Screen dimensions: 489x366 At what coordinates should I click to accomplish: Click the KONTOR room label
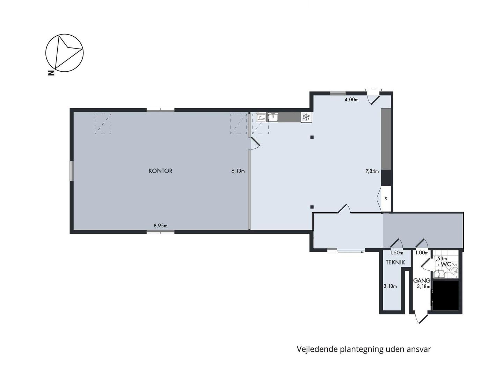[160, 171]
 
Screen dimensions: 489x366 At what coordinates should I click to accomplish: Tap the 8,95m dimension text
[160, 226]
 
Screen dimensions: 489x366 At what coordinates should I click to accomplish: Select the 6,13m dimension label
[238, 171]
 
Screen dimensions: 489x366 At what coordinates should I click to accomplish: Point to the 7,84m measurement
[372, 171]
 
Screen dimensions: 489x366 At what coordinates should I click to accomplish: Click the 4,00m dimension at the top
[351, 100]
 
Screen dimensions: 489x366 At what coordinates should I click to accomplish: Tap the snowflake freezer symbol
[306, 117]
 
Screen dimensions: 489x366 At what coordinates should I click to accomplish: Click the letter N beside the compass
[51, 73]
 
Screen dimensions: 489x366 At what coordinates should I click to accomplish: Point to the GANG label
[422, 280]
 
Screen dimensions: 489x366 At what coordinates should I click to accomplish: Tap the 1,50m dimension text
[396, 253]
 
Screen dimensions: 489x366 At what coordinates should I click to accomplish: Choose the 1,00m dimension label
[422, 253]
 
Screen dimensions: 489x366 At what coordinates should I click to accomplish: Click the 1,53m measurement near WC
[440, 259]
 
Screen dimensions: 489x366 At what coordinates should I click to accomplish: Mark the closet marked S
[386, 198]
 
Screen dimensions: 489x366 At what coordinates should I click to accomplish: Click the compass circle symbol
[64, 53]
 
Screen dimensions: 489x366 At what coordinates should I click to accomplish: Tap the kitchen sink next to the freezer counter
[273, 117]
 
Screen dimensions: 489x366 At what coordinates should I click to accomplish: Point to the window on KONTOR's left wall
[71, 171]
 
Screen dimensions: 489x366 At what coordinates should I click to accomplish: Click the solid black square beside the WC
[445, 295]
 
